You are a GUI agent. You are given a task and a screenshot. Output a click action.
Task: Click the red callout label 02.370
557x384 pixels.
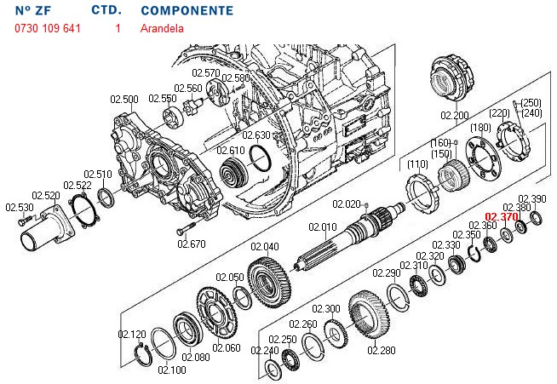[501, 217]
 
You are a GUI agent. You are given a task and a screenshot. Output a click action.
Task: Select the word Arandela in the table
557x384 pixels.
[161, 28]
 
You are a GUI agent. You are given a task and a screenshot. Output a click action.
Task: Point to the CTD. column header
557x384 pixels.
[106, 11]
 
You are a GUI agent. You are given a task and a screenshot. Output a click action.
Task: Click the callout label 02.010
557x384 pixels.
[323, 227]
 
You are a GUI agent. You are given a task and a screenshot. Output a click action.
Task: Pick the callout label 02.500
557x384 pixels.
[123, 100]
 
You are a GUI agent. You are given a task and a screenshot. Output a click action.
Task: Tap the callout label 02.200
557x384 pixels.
[454, 114]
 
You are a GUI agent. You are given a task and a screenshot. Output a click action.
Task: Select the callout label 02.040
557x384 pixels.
[265, 247]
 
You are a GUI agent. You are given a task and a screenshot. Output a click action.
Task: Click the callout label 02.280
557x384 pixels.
[382, 349]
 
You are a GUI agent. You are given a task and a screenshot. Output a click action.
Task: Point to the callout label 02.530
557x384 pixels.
[19, 207]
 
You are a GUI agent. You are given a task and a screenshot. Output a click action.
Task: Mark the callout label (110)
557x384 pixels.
[417, 163]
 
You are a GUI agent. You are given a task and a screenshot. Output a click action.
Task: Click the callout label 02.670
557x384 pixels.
[192, 244]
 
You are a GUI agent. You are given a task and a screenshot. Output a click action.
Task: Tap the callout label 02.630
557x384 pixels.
[256, 135]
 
